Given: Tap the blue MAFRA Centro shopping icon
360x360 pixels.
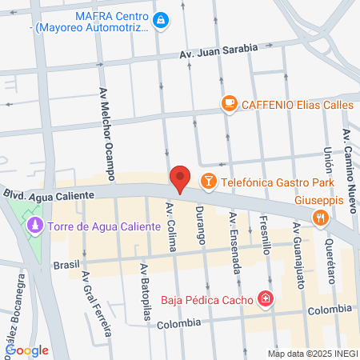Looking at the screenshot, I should (160, 18).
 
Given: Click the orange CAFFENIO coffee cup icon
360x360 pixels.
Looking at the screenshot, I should (229, 102).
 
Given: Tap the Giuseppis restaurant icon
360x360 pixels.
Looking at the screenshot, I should (321, 216).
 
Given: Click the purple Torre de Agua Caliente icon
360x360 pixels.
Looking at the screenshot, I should (34, 226).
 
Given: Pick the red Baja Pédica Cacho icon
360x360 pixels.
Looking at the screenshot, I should (265, 300).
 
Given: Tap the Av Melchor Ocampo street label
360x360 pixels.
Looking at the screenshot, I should (105, 132).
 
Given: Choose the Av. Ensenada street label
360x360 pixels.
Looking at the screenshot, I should (234, 242).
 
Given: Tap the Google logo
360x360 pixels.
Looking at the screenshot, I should (27, 350).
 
